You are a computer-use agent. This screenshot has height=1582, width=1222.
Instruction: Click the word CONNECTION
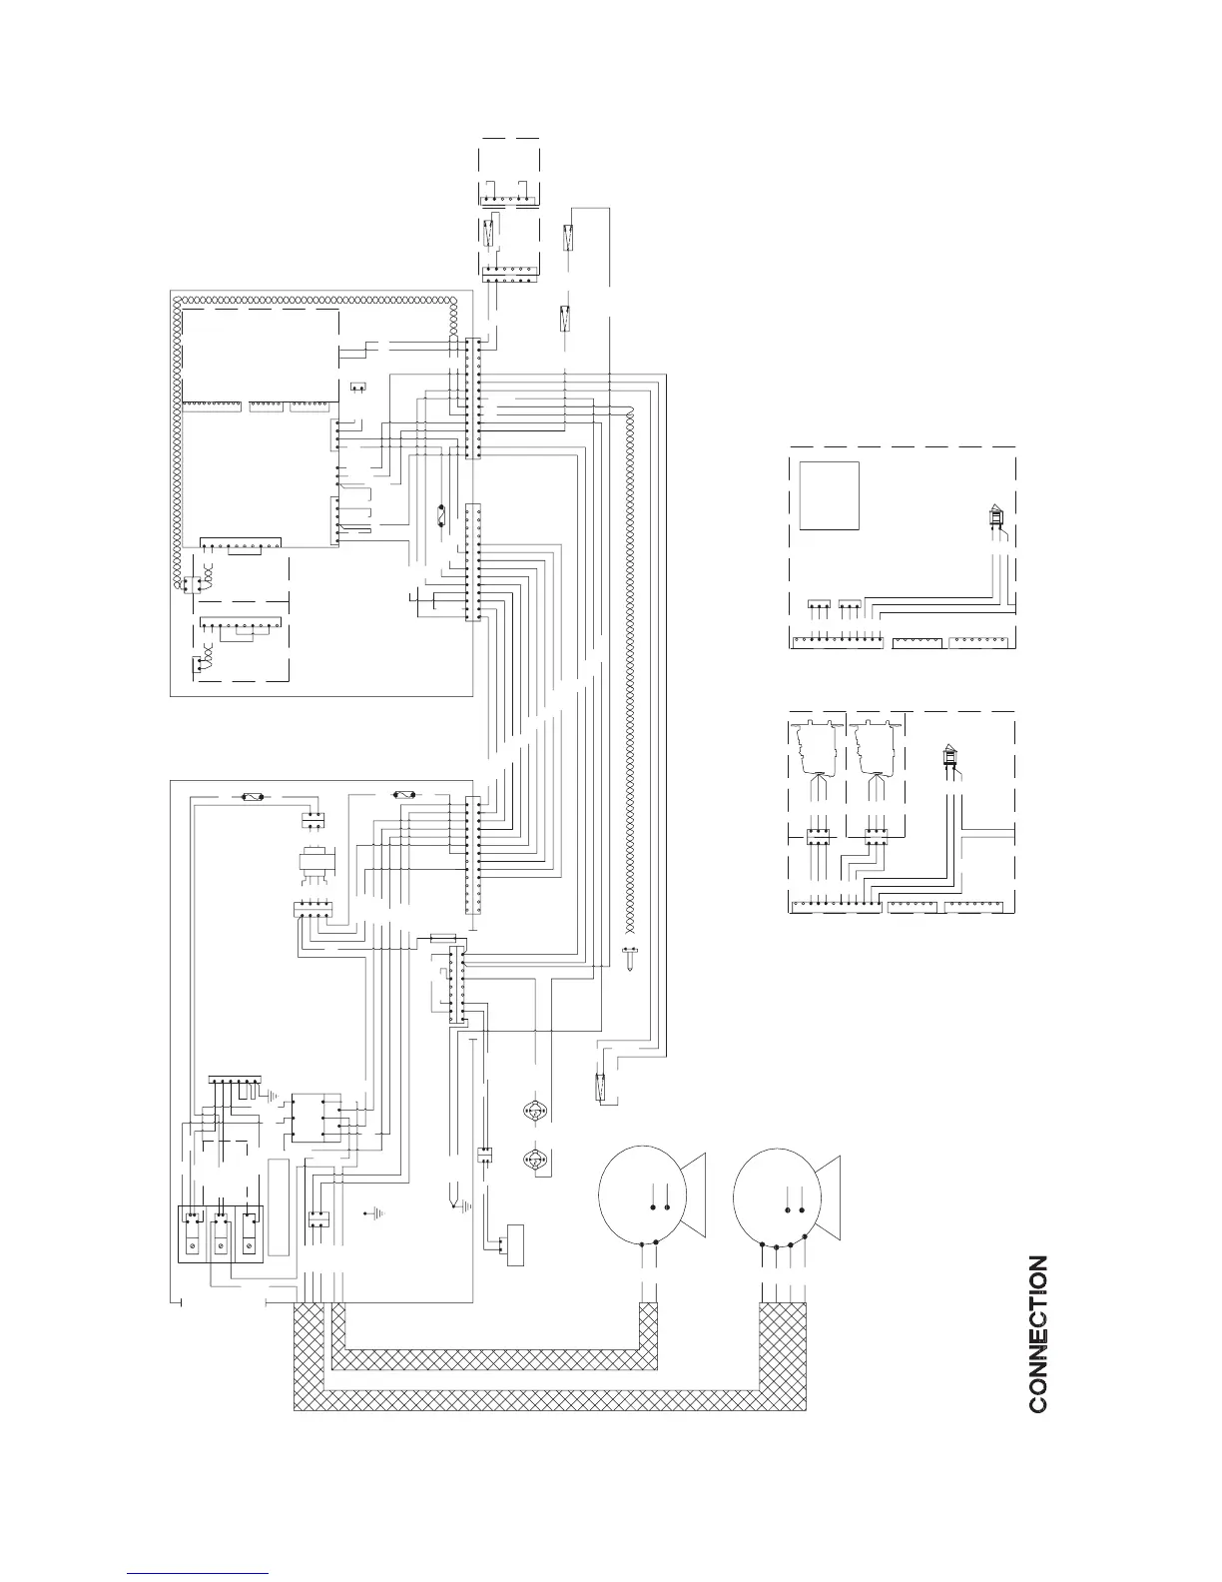[1038, 1333]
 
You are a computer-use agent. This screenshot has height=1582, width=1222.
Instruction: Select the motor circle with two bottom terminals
[640, 1197]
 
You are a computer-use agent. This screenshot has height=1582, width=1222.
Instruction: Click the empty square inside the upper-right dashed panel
[829, 495]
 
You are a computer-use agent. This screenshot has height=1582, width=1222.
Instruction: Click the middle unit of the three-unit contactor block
[221, 1234]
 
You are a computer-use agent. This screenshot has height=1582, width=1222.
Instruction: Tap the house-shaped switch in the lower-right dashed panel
[950, 759]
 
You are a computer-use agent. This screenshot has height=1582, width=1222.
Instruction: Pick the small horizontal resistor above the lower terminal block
[442, 938]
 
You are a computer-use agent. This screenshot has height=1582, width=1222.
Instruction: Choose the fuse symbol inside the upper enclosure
[441, 518]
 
